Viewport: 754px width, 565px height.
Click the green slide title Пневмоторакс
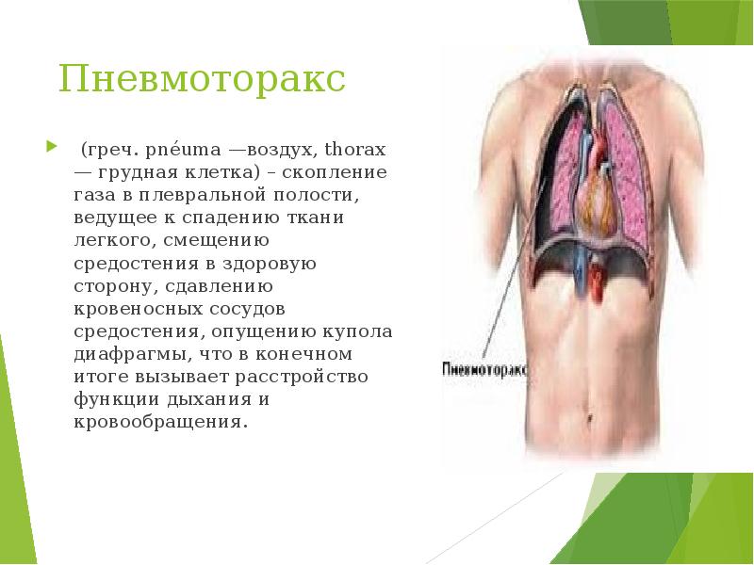203,79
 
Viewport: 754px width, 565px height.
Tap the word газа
95,196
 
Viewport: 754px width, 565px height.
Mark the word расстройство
320,377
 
